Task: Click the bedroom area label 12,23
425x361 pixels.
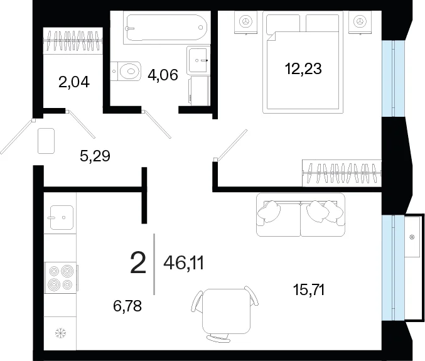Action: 303,68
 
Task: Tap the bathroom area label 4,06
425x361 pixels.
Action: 163,75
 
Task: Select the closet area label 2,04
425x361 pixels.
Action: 74,82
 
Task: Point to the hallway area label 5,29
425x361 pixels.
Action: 95,156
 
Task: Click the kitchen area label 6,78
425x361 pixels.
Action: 127,306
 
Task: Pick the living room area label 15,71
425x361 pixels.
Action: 309,290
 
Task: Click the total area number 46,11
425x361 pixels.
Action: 183,263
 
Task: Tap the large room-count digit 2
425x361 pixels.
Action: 138,262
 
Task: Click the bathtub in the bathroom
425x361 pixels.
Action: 167,28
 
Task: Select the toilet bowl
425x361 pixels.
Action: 126,71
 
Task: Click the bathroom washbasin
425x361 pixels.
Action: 198,60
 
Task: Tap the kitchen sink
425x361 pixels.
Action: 62,217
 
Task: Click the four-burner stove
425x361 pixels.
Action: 61,277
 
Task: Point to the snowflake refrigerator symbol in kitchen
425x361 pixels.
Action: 60,333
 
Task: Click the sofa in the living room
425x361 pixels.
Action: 301,214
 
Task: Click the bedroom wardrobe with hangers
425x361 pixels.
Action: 342,173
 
